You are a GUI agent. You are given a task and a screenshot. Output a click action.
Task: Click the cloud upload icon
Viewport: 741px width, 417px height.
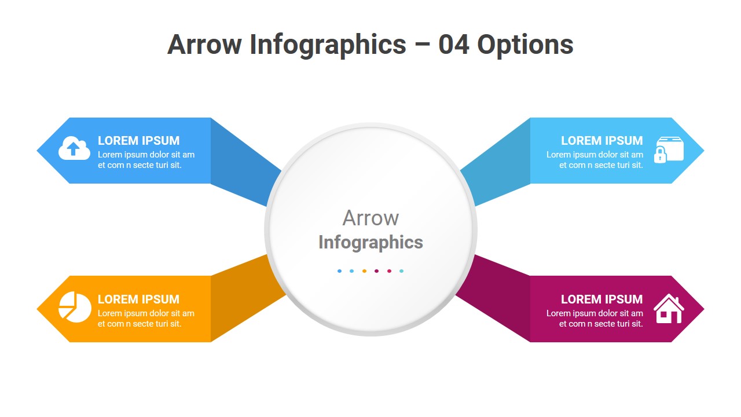(x=74, y=149)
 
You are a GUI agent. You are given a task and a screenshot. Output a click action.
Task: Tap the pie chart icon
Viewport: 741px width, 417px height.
(x=75, y=308)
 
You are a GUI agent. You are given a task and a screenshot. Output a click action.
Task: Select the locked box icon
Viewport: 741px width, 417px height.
(x=669, y=150)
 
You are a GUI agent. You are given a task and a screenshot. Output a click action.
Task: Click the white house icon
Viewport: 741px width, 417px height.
(x=669, y=309)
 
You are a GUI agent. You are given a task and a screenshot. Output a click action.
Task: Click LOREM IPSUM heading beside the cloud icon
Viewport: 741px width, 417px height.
(x=138, y=141)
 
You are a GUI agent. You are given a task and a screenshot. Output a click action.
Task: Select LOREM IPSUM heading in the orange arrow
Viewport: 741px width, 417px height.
(x=138, y=299)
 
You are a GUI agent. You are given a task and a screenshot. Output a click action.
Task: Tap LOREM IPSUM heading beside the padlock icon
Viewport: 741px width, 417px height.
(x=601, y=141)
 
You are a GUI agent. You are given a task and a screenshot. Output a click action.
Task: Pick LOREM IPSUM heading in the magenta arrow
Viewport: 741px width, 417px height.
(x=601, y=299)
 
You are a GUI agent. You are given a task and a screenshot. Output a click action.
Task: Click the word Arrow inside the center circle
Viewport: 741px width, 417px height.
(x=370, y=218)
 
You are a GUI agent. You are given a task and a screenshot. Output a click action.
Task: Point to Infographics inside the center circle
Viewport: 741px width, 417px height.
(x=370, y=242)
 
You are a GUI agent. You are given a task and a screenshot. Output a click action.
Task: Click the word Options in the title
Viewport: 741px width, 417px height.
(x=525, y=45)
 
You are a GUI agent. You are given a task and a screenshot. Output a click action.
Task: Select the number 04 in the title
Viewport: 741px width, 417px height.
(x=453, y=45)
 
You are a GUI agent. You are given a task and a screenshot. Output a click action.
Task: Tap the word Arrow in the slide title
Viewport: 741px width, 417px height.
(x=204, y=45)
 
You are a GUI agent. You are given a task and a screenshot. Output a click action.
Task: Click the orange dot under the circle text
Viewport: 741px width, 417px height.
(x=364, y=271)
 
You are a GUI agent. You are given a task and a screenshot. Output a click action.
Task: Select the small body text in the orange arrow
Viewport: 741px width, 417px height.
(x=145, y=319)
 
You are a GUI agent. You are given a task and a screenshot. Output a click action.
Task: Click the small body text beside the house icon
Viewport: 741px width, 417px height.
(x=595, y=319)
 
